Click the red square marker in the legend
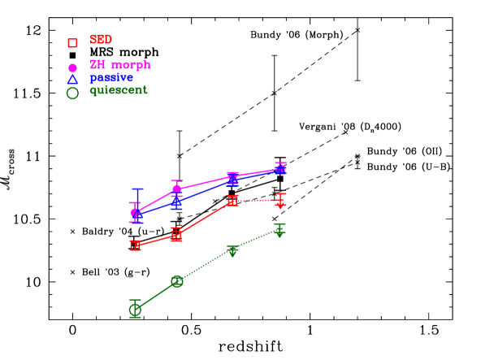point(72,42)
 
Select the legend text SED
point(101,39)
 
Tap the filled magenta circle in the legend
point(72,67)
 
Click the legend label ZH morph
point(119,64)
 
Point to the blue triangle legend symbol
point(72,79)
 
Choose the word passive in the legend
point(111,77)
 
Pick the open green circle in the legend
point(72,93)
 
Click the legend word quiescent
point(118,90)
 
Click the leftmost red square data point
point(136,245)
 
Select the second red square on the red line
point(176,235)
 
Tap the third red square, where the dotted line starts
point(232,201)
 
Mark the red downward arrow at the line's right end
point(280,203)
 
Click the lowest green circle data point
point(136,309)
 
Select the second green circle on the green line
point(176,281)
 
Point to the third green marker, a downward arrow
point(232,252)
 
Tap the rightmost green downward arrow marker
point(279,232)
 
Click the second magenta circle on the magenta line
point(176,189)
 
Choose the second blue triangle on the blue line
point(176,202)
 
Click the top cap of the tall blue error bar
point(137,189)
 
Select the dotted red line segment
point(257,200)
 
